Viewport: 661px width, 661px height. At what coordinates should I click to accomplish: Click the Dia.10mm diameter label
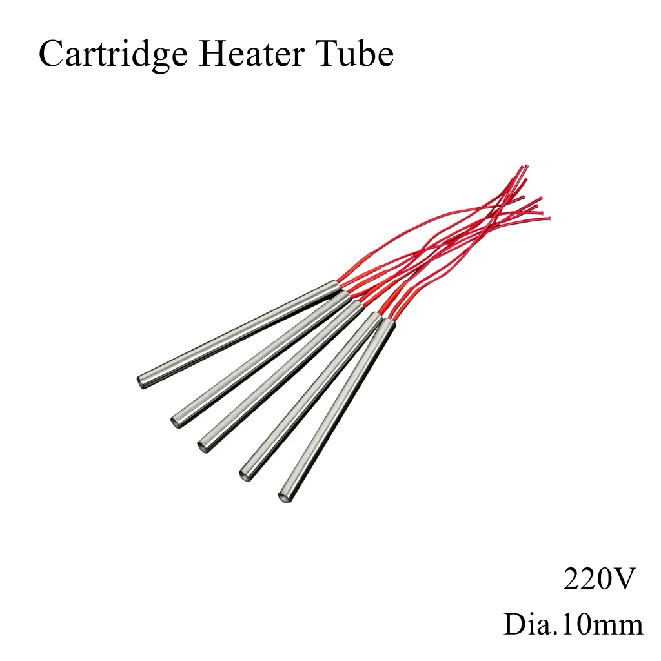(x=573, y=625)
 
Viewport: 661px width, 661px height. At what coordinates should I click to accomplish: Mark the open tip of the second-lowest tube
(x=245, y=473)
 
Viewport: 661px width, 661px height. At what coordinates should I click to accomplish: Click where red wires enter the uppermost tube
(x=337, y=286)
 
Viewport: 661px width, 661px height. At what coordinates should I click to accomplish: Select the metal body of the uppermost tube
(x=239, y=333)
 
